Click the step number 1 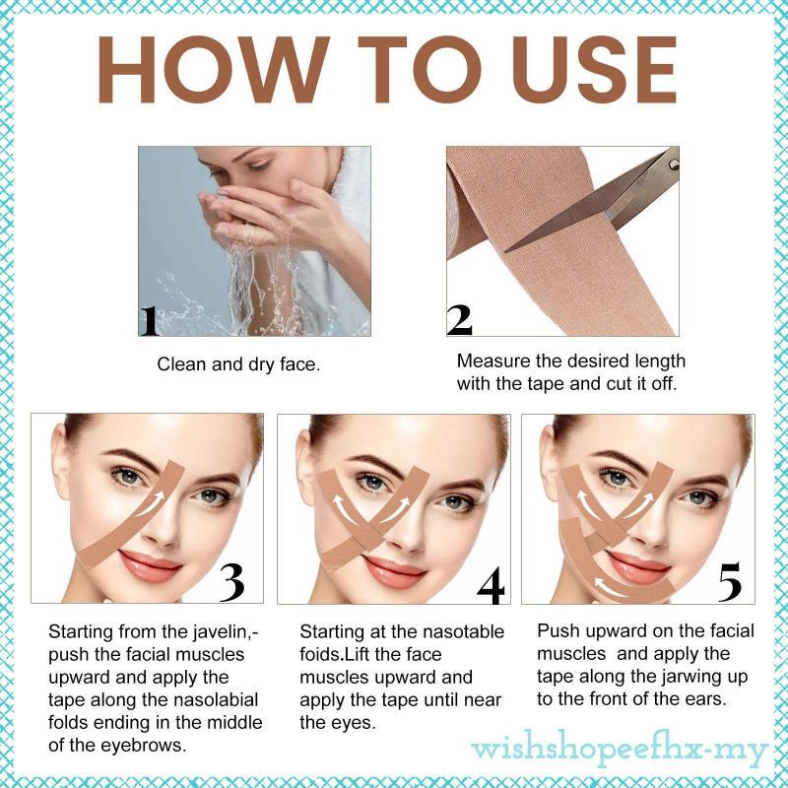tap(150, 321)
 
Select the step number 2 tap(459, 319)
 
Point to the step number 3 tap(231, 582)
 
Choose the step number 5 tap(730, 581)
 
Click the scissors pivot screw tap(674, 164)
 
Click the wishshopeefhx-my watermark tap(620, 751)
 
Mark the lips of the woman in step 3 tap(150, 564)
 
